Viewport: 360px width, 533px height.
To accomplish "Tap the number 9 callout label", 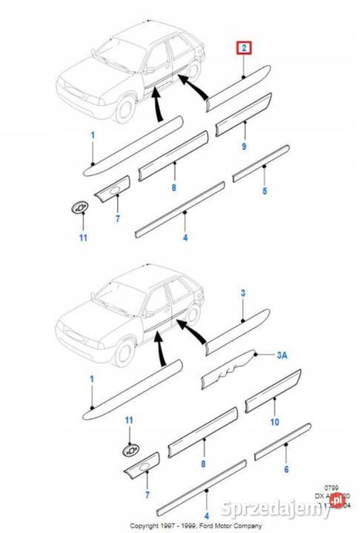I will point(244,148).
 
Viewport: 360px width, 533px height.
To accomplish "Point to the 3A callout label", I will point(281,356).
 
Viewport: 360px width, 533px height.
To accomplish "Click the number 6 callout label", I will point(285,469).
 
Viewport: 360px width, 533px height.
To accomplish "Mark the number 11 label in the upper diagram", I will point(83,237).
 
